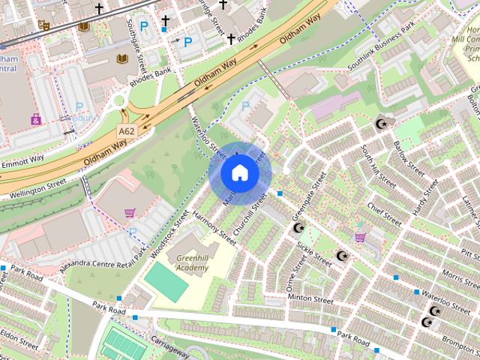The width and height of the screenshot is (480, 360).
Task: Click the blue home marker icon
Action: (239, 172)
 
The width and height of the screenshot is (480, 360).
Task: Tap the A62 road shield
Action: (126, 130)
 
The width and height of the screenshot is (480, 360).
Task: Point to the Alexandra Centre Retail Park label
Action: (101, 260)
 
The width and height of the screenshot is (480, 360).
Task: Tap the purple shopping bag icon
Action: (36, 118)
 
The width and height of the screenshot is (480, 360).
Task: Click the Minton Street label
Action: (310, 298)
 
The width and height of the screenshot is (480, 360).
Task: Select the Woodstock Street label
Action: (169, 234)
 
